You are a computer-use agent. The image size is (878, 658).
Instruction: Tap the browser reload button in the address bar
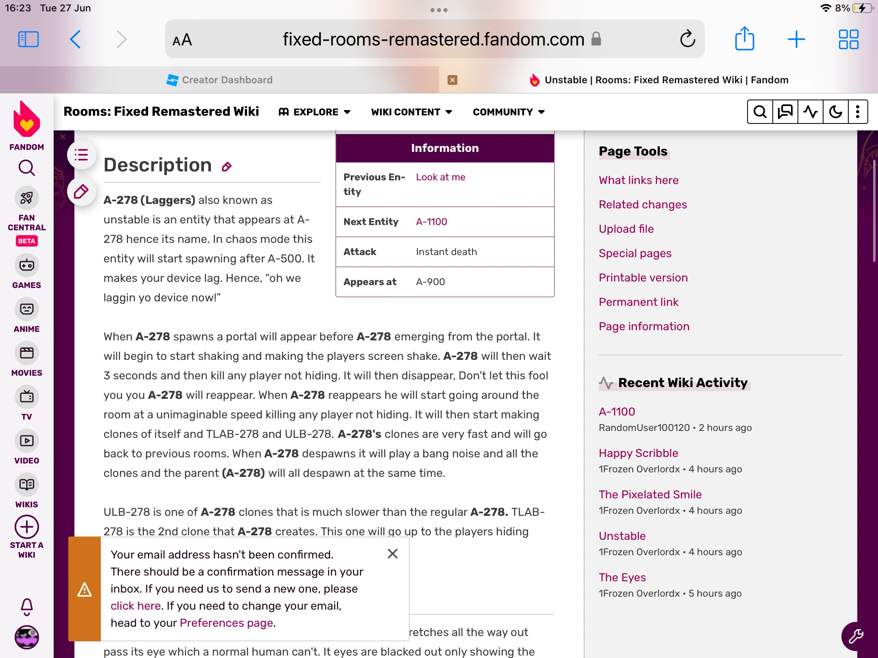point(687,39)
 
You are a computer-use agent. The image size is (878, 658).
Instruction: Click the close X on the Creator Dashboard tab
point(452,80)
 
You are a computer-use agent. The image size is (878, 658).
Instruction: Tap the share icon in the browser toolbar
point(744,39)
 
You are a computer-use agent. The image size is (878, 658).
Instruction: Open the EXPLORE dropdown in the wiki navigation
point(315,112)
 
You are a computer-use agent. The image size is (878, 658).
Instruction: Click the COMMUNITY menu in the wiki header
point(509,112)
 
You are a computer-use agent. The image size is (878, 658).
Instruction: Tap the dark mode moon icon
point(835,112)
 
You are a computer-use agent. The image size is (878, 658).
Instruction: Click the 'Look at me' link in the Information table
point(441,177)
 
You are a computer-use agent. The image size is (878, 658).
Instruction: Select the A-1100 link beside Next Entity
point(431,222)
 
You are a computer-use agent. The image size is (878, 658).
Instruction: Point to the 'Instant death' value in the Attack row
point(446,252)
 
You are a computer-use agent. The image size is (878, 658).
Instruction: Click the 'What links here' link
point(639,180)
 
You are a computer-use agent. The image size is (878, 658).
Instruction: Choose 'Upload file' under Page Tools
point(626,229)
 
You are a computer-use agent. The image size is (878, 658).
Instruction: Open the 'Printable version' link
point(643,278)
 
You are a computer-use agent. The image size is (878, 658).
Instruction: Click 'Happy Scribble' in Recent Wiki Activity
point(638,453)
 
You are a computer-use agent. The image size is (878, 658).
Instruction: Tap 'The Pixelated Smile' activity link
point(650,495)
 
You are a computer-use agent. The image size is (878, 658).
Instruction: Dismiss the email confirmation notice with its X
point(393,554)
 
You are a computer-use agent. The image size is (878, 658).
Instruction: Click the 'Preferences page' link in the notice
point(226,623)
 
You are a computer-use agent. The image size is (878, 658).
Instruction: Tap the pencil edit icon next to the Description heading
point(227,167)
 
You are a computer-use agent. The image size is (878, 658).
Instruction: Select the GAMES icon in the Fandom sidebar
point(27,266)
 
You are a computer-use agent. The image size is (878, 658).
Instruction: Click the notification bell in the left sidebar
point(27,607)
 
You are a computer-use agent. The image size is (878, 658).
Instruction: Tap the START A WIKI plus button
point(27,527)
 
